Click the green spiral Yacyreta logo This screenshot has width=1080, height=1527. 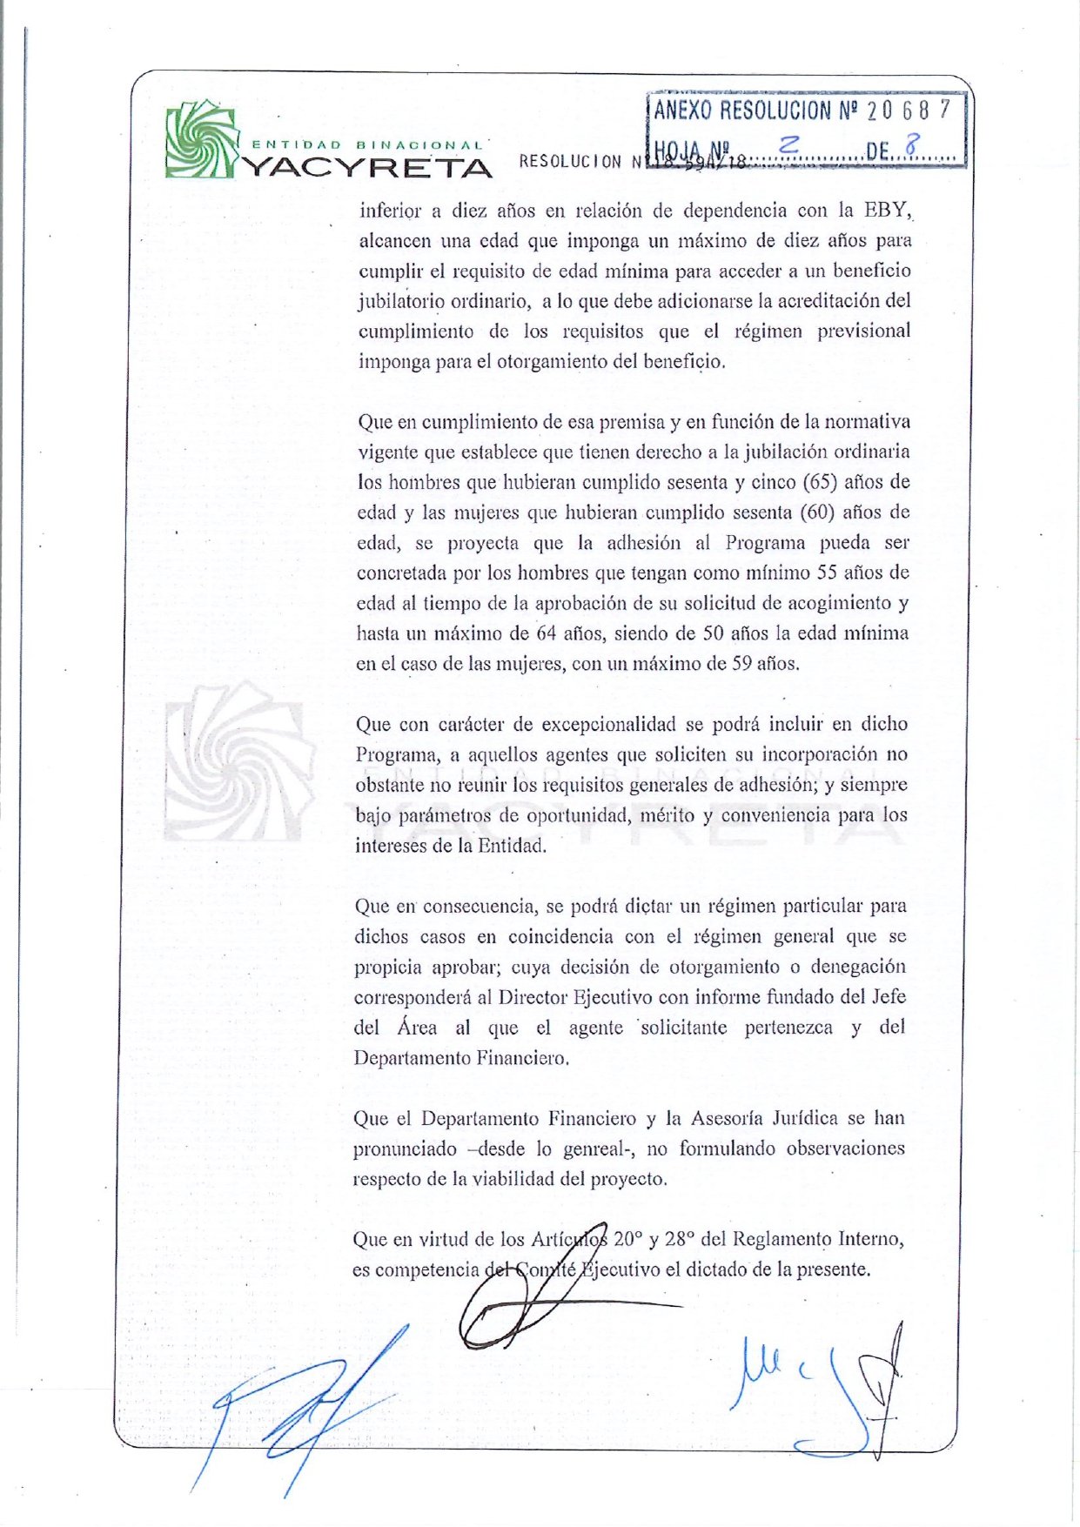point(201,140)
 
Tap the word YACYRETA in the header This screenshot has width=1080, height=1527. point(365,166)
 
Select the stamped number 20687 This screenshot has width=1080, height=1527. point(909,110)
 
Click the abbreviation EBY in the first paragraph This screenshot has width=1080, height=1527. point(886,210)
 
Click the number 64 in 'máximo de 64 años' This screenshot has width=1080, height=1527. point(547,633)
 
